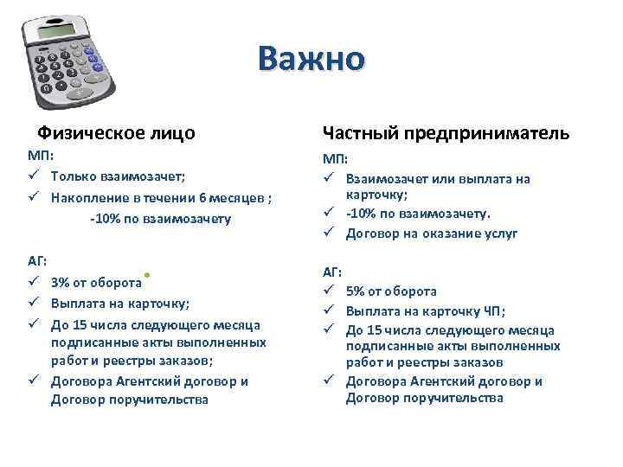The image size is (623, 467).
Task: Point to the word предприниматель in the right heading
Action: pos(498,133)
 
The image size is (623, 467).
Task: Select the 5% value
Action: pos(356,291)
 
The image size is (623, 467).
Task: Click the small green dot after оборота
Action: pos(150,273)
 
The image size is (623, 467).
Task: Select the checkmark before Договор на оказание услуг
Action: pos(329,233)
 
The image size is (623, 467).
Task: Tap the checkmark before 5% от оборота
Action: pos(329,291)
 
